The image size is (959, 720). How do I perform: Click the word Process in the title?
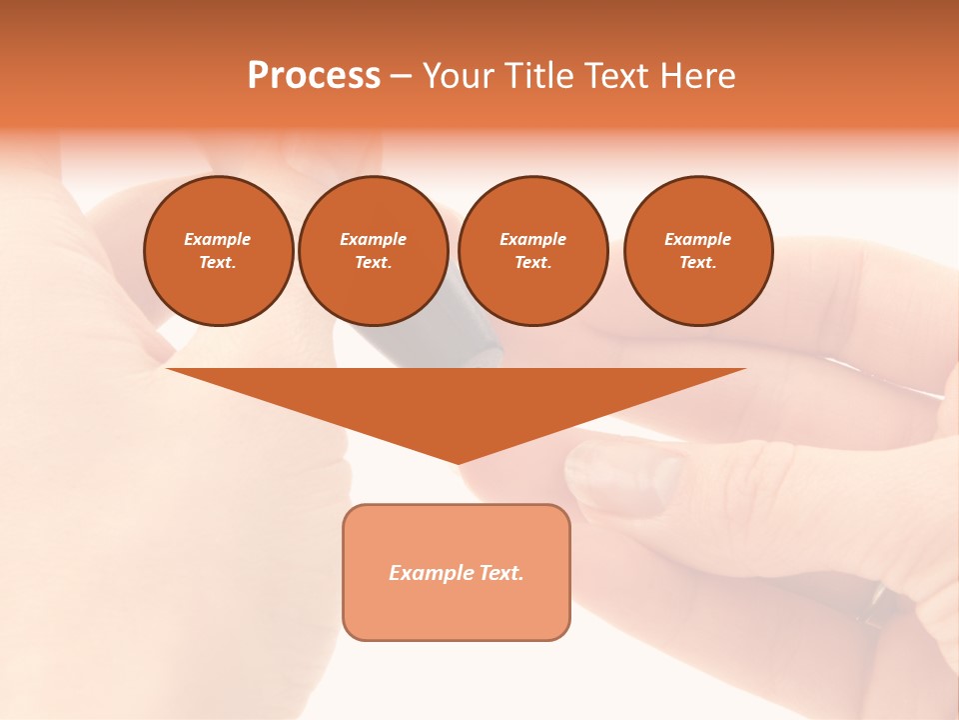pos(314,76)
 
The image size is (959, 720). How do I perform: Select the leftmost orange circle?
pos(219,251)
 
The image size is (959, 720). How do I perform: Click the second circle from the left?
pos(373,251)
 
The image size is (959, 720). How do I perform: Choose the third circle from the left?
pos(532,251)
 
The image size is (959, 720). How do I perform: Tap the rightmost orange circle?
pos(698,251)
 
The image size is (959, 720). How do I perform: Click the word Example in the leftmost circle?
pos(218,239)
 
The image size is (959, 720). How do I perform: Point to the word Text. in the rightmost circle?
pos(698,263)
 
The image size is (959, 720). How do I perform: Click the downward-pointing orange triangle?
pos(457,400)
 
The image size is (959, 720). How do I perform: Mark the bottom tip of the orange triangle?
pos(458,462)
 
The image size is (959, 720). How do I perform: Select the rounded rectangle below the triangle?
pos(457,572)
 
